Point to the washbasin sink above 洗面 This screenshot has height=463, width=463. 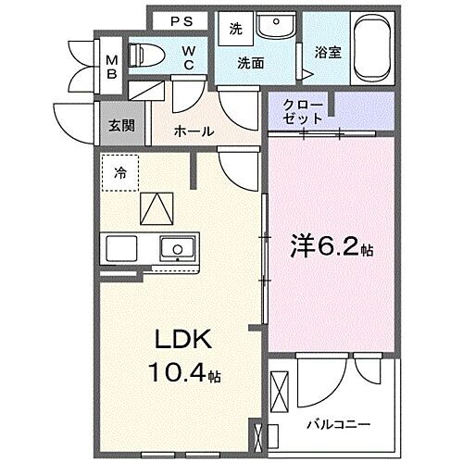point(272,25)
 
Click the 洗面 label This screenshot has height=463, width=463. point(250,64)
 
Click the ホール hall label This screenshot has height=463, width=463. point(195,131)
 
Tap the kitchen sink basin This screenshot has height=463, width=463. point(175,248)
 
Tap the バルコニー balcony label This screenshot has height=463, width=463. point(339,424)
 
